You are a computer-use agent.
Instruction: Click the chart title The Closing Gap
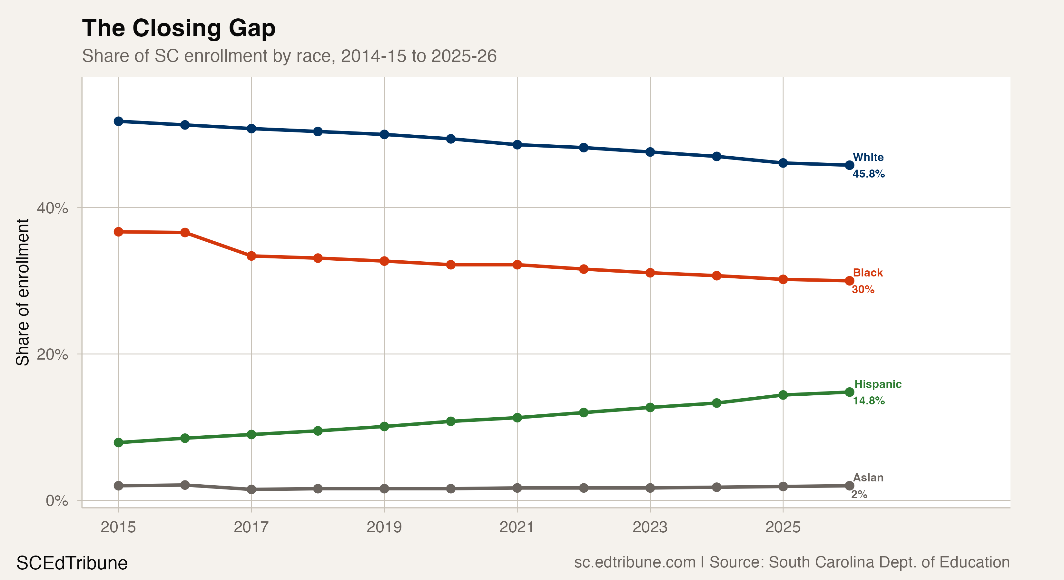(178, 28)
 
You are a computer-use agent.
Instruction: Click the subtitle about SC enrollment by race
(289, 56)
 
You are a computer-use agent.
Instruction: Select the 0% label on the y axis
(57, 501)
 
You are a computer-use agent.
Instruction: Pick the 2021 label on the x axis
(517, 527)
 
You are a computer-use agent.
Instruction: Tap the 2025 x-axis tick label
(783, 527)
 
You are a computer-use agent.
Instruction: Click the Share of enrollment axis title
(22, 292)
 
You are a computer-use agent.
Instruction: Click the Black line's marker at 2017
(251, 256)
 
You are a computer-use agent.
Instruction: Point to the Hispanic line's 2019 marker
(384, 426)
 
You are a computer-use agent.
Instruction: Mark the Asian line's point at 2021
(517, 488)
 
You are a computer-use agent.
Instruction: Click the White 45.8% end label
(868, 166)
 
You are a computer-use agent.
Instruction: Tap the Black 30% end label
(867, 281)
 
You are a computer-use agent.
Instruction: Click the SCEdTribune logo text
(72, 563)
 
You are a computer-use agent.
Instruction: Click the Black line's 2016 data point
(185, 232)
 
